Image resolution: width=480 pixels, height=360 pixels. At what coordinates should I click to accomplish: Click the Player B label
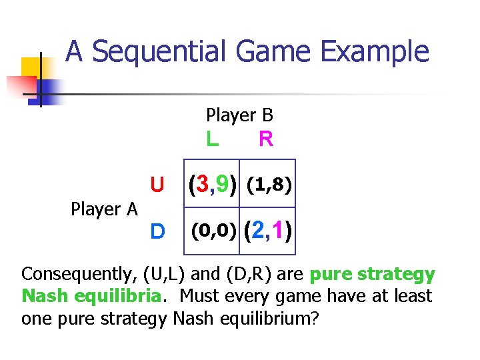coord(239,115)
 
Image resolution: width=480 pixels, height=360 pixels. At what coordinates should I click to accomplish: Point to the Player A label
coord(104,209)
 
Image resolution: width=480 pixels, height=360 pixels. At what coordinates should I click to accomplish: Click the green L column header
coord(212,139)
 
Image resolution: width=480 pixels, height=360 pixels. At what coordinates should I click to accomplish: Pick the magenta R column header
coord(265,139)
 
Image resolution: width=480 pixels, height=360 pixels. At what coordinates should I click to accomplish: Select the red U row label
coord(157,184)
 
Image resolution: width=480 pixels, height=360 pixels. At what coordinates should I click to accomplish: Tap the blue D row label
coord(157,231)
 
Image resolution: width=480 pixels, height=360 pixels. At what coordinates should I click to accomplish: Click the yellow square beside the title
coord(31,67)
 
